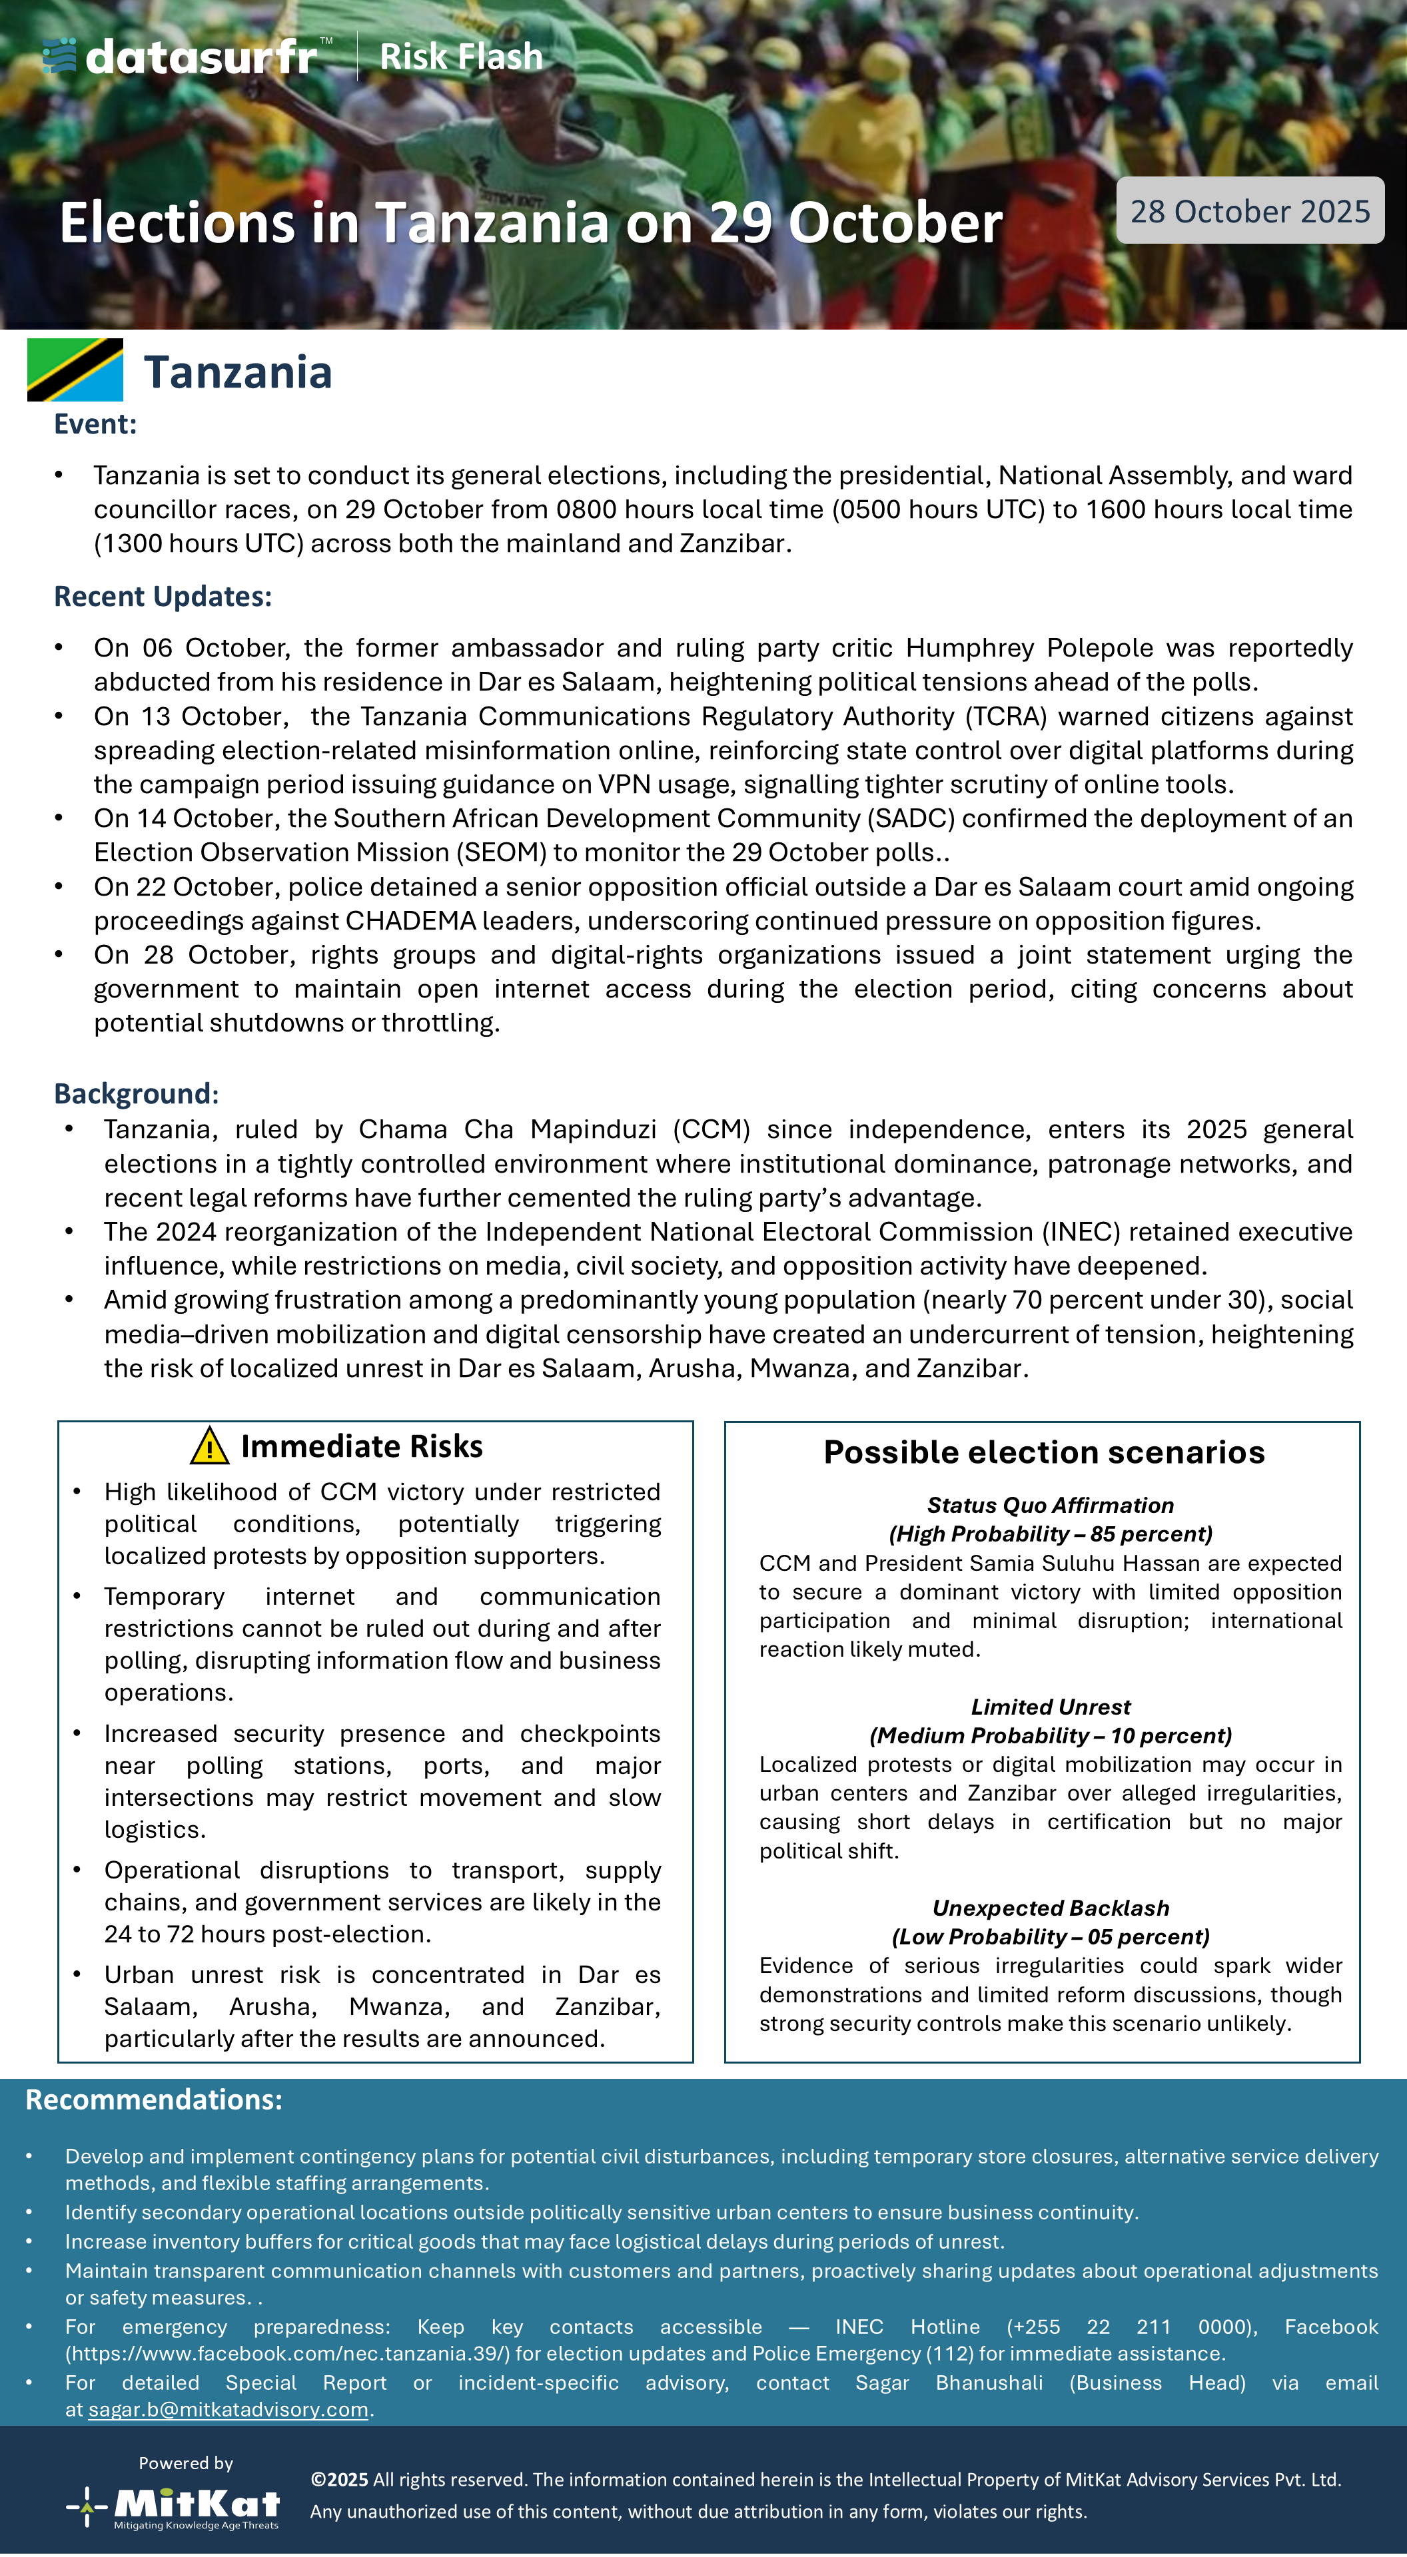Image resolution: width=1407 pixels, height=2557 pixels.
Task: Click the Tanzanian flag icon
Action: tap(75, 370)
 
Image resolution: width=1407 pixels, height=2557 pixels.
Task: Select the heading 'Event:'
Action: tap(95, 424)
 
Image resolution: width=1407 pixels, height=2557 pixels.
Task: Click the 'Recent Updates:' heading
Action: tap(163, 597)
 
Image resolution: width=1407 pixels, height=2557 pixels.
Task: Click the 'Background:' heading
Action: tap(136, 1094)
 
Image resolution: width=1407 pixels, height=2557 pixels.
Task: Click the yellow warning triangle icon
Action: tap(209, 1446)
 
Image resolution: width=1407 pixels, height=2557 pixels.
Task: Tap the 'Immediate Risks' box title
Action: tap(362, 1446)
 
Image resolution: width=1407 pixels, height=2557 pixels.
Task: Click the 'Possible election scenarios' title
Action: tap(1043, 1452)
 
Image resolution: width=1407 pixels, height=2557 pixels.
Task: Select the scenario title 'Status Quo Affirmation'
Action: tap(1049, 1505)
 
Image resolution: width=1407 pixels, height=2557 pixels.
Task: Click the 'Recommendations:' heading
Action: tap(154, 2100)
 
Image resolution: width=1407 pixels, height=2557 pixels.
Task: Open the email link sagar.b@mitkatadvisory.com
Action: tap(229, 2409)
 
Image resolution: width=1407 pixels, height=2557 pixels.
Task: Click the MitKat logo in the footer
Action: tap(176, 2506)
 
